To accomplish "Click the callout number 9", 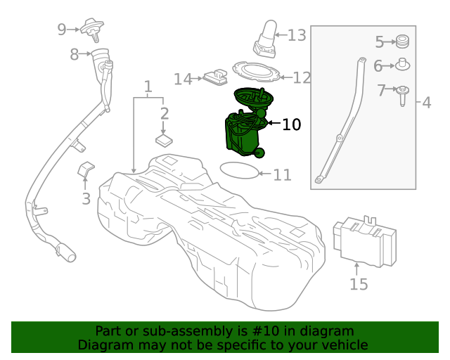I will (x=62, y=29).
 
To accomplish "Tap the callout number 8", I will (x=74, y=53).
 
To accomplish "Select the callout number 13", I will (x=297, y=34).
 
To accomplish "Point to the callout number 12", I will (x=302, y=78).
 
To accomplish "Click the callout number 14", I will (x=183, y=79).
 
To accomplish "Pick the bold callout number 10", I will (x=291, y=124).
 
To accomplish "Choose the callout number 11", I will (x=282, y=174).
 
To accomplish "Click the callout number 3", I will (x=86, y=199).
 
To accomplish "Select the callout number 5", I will (x=379, y=41).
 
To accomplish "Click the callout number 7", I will (x=381, y=90).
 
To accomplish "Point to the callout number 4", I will (x=427, y=103).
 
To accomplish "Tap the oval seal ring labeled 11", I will (x=239, y=170).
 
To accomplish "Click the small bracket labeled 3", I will (x=86, y=170).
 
